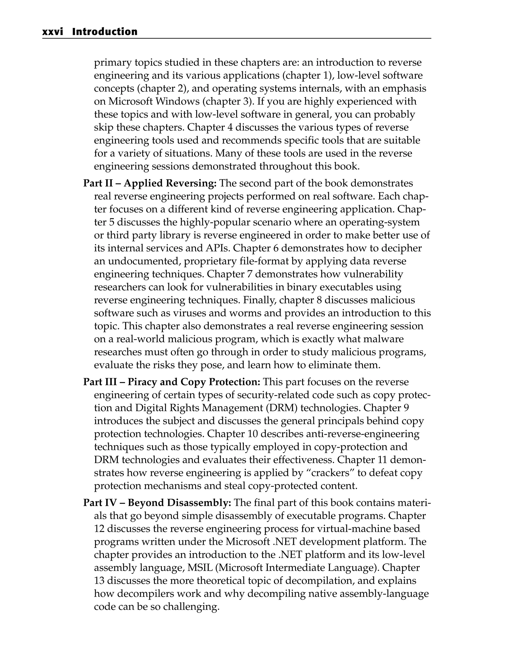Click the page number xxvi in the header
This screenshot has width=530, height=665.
click(x=52, y=32)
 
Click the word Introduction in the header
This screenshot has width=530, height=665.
click(x=105, y=32)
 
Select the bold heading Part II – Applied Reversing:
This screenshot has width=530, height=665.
click(x=150, y=183)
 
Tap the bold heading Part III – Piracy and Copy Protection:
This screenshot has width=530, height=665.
click(x=172, y=382)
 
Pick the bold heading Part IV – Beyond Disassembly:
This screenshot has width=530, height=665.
click(x=157, y=503)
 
